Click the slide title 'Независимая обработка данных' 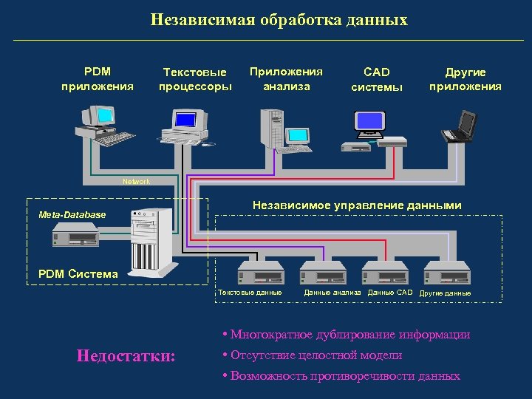coord(279,19)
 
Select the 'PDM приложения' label coord(98,79)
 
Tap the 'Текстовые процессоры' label coord(195,79)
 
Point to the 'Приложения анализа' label coord(286,79)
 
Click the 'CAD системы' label coord(377,80)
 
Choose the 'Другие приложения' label coord(465,79)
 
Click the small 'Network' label coord(136,181)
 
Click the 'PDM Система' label coord(78,274)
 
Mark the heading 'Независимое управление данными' coord(357,205)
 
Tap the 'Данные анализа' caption coord(332,293)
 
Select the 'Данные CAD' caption coord(390,293)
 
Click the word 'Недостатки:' coord(126,356)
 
